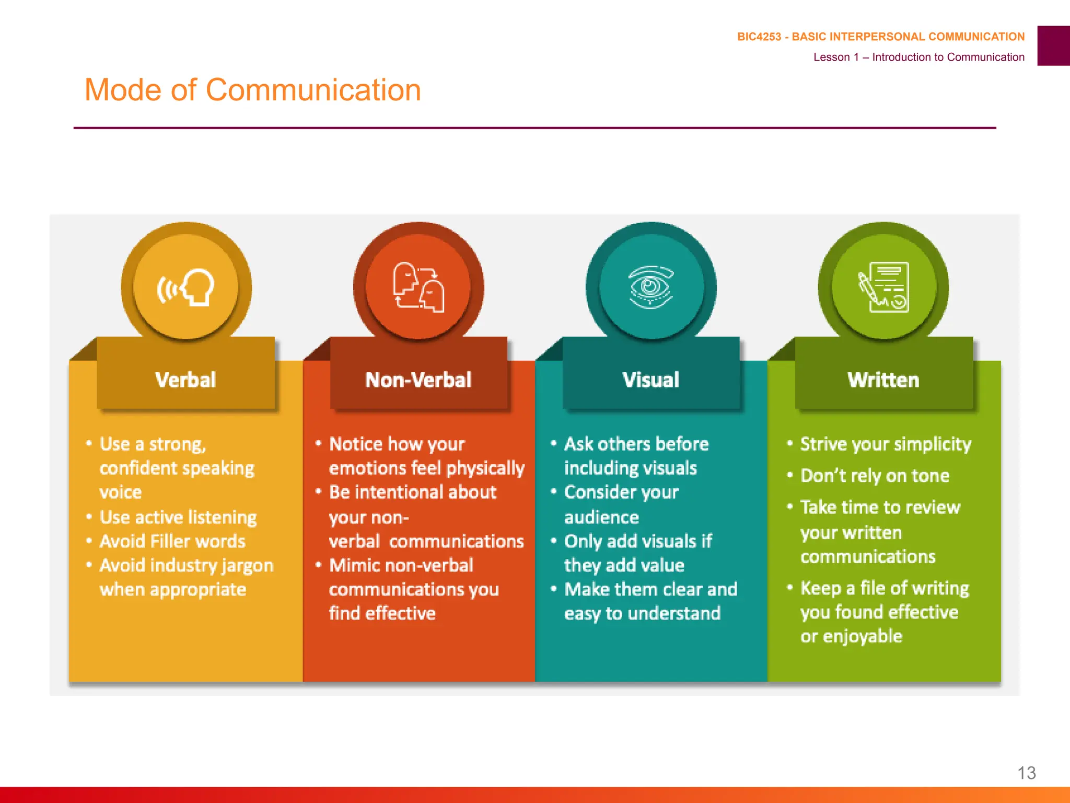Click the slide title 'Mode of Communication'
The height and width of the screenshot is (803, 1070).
[252, 90]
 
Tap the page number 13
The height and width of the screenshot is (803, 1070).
[1026, 773]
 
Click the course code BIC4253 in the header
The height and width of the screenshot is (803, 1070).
[759, 37]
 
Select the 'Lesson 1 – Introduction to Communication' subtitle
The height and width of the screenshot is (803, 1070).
[918, 57]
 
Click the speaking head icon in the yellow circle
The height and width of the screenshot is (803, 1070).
[187, 287]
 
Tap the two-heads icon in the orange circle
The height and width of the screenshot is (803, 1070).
[418, 287]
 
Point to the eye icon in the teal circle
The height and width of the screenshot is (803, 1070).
[651, 287]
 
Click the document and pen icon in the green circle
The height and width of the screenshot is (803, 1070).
[883, 287]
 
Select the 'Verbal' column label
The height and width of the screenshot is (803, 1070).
[185, 380]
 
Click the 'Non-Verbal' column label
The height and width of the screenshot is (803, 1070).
[418, 380]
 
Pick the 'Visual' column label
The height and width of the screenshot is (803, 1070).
[651, 380]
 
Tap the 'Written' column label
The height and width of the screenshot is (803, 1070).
[883, 380]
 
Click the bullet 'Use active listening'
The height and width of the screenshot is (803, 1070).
[178, 517]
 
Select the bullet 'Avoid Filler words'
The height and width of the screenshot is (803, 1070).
[172, 541]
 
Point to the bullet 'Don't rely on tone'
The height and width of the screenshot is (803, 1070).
[875, 476]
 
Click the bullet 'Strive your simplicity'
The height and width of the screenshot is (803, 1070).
[886, 444]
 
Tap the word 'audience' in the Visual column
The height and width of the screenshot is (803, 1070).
[601, 517]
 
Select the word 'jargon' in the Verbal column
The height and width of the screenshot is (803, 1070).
[247, 566]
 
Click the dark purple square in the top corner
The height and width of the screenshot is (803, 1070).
[1053, 45]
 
